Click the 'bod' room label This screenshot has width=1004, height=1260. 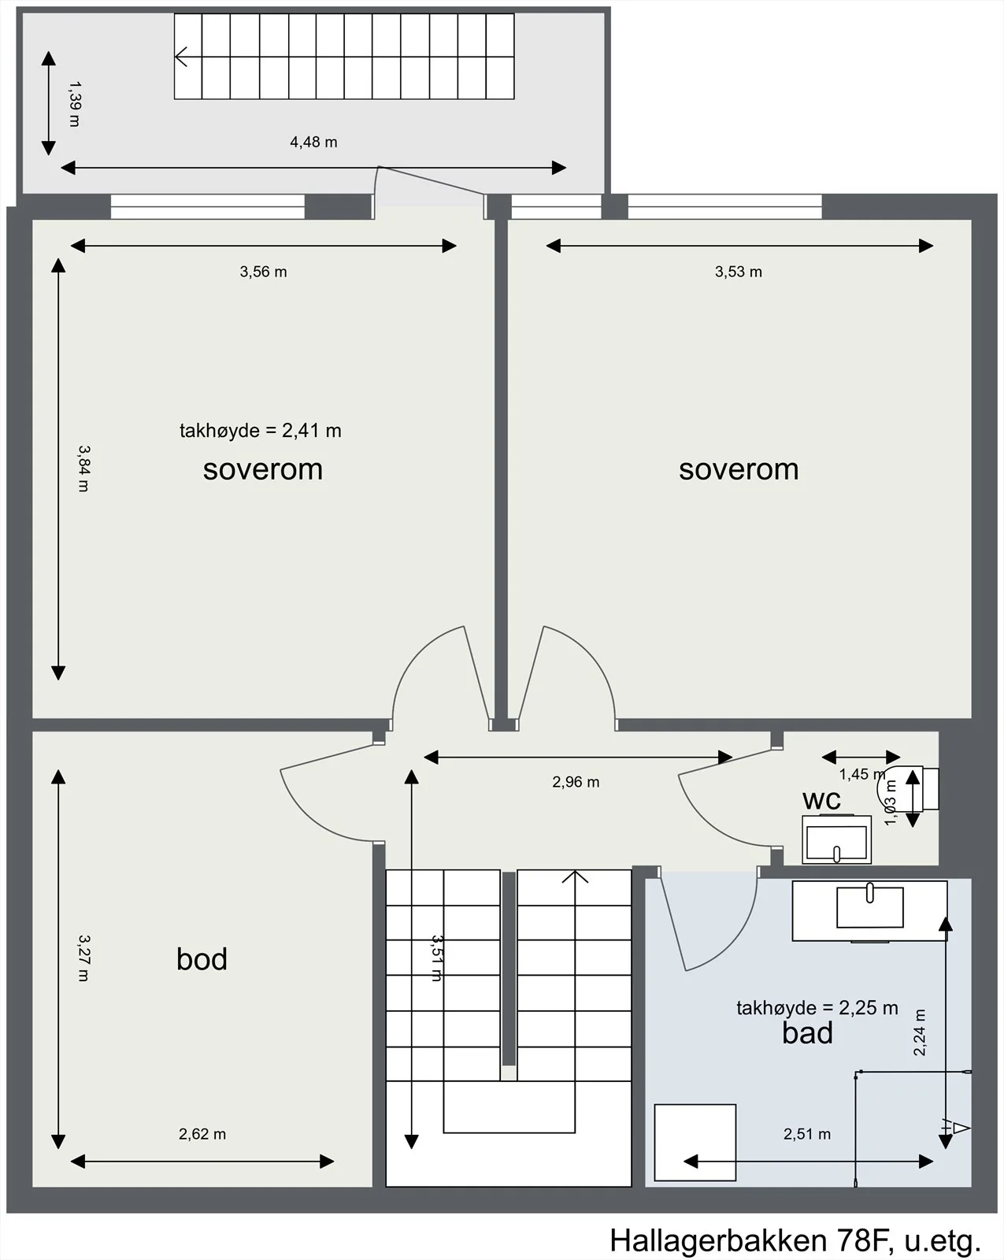coord(202,959)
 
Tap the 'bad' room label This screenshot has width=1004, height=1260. coord(807,1032)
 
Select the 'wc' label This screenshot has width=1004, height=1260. coord(821,800)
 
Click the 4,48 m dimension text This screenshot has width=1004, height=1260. coord(313,142)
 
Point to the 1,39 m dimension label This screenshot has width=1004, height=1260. coord(74,104)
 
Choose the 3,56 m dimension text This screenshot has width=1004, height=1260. coord(264,272)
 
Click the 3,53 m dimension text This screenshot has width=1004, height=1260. coord(738,272)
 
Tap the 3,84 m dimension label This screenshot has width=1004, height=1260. coord(84,469)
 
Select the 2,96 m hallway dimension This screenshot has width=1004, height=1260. coord(576,782)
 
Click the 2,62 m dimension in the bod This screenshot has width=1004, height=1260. coord(202,1134)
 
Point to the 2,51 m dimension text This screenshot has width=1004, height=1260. coord(806,1134)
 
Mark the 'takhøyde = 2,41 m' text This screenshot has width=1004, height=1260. coord(261,430)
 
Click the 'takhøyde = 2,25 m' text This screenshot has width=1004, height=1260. coord(817,1008)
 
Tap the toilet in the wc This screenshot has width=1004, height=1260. coord(908,788)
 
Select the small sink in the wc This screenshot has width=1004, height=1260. coord(836,839)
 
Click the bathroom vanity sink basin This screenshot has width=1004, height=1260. coord(870,907)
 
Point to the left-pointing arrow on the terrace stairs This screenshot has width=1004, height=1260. coord(181,57)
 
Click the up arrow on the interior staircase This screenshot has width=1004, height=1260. coord(575,876)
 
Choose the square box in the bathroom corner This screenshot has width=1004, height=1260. coord(695,1143)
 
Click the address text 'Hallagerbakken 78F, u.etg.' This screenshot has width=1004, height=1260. coord(795,1240)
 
